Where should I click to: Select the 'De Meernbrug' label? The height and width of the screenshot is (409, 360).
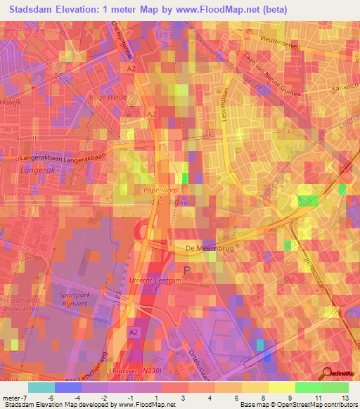(209, 248)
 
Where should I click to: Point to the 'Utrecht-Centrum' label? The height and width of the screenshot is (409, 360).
(160, 280)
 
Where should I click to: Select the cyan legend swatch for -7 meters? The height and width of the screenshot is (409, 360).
(41, 387)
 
